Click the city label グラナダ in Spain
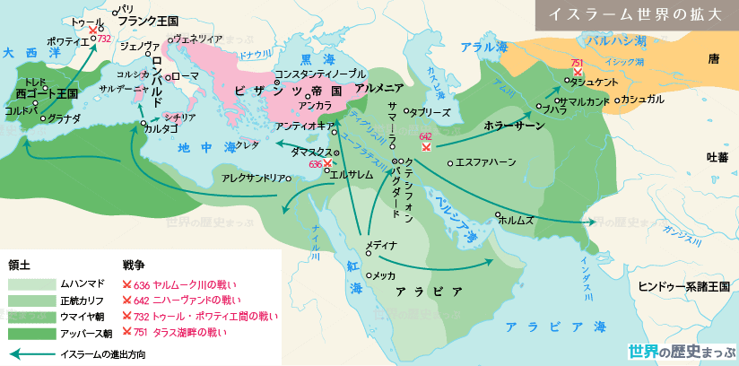tap(65, 118)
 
